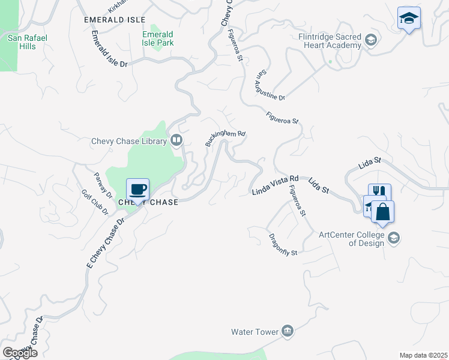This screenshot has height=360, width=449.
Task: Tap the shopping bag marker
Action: tap(382, 212)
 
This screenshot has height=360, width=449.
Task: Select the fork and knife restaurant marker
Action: tap(378, 192)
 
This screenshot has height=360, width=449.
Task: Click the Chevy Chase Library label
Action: tap(128, 142)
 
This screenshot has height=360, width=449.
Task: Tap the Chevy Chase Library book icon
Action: tap(176, 141)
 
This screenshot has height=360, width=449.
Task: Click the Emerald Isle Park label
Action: tap(158, 38)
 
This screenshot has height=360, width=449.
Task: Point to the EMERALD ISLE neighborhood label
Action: tap(115, 20)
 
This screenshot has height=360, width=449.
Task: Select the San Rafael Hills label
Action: tap(27, 43)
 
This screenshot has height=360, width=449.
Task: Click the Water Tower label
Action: tap(255, 332)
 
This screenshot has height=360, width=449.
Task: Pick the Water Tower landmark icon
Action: tap(287, 331)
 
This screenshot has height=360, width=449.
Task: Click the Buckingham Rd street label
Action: tap(225, 139)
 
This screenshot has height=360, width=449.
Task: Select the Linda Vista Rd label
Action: tap(275, 185)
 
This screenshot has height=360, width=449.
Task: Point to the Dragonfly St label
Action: tap(283, 245)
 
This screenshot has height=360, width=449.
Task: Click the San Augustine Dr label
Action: tap(270, 85)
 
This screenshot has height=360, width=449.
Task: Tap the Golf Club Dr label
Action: tap(95, 202)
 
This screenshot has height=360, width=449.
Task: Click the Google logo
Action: tap(19, 353)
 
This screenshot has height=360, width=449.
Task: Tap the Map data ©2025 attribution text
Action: tap(424, 355)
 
